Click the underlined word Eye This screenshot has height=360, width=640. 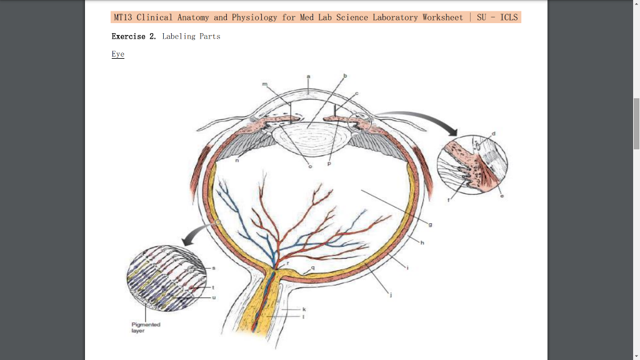(x=118, y=54)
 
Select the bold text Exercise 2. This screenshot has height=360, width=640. (x=134, y=36)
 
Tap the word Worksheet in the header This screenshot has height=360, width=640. (x=442, y=17)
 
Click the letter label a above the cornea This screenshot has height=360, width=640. (x=308, y=76)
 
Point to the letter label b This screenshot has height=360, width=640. (x=344, y=76)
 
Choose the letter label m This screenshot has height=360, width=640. (x=264, y=84)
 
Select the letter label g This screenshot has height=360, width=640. (x=430, y=224)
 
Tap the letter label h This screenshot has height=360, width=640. (x=422, y=243)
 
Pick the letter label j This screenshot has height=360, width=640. (x=391, y=295)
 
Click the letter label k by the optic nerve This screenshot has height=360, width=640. (x=304, y=309)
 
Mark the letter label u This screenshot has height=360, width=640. (x=214, y=297)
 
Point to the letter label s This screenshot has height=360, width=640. (x=213, y=267)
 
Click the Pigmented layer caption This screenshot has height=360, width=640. (x=146, y=327)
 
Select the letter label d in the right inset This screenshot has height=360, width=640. (x=494, y=133)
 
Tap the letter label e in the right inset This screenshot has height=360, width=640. (x=501, y=196)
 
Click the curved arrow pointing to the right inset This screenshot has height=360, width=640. (x=419, y=119)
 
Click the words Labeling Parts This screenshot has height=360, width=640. (x=191, y=36)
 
